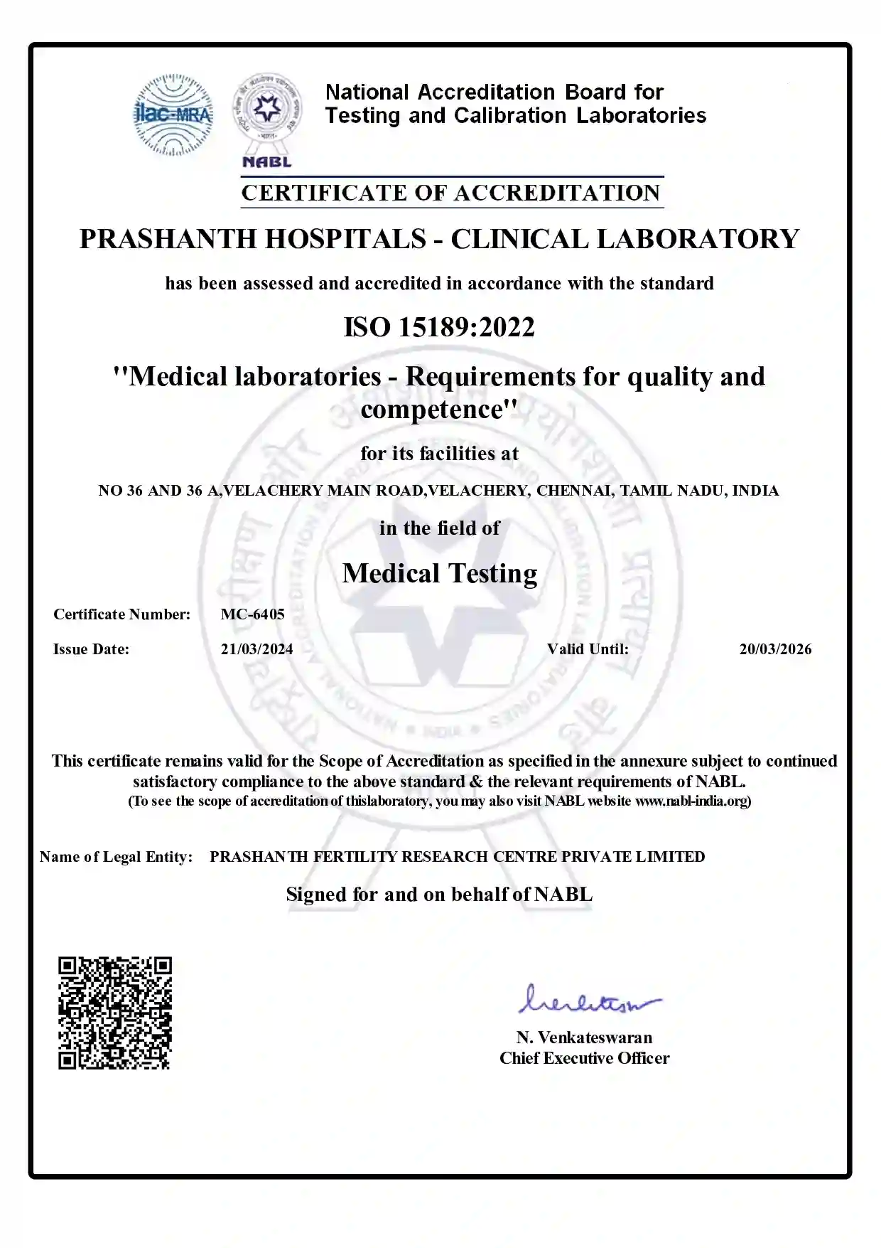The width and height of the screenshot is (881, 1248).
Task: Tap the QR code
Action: tap(114, 1013)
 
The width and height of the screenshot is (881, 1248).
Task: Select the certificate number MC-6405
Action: tap(252, 614)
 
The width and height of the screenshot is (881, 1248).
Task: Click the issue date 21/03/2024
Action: tap(256, 649)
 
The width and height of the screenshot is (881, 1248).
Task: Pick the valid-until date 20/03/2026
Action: tap(775, 649)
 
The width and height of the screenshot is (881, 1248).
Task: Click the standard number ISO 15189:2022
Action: tap(439, 327)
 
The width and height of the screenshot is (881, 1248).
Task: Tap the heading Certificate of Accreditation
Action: tap(451, 193)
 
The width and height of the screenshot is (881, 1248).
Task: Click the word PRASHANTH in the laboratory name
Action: tap(168, 239)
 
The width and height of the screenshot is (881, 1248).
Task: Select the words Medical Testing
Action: tap(440, 573)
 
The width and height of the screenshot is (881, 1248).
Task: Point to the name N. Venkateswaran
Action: tap(584, 1038)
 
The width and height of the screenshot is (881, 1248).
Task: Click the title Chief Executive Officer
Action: tap(584, 1058)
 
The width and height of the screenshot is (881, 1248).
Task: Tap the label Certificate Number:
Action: tap(121, 614)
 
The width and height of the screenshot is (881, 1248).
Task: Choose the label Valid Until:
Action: tap(588, 649)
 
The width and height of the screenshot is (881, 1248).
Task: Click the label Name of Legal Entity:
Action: tap(116, 857)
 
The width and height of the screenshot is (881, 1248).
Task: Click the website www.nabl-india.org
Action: tap(691, 801)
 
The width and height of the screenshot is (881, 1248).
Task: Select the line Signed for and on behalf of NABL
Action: tap(439, 895)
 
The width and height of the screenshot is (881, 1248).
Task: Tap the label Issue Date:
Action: tap(91, 649)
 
